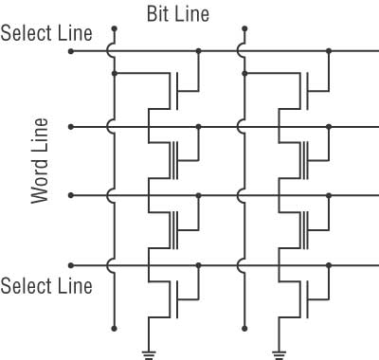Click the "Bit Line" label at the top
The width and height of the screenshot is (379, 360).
pos(177,14)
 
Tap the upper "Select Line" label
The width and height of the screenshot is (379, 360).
pos(47,33)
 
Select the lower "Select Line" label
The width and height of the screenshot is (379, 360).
pos(47,285)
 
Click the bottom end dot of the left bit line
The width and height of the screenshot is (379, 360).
pos(114,328)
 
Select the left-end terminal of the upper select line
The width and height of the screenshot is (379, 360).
pos(71,51)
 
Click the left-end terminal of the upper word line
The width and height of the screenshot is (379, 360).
pos(71,125)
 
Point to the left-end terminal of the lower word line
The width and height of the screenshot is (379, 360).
pos(71,195)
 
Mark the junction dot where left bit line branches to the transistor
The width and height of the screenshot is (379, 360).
pos(114,72)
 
